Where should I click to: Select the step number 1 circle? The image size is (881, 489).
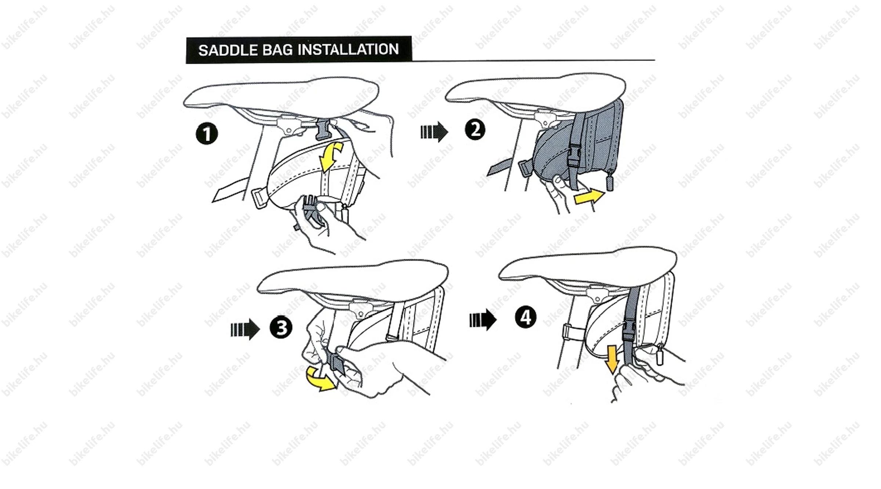click(x=207, y=134)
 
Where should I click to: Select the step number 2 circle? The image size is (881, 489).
click(x=475, y=130)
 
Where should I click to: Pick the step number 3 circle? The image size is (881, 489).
click(x=281, y=327)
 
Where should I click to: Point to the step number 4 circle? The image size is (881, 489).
click(x=526, y=317)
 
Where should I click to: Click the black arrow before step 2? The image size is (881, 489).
click(x=434, y=132)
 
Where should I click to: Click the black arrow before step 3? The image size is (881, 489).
click(x=245, y=329)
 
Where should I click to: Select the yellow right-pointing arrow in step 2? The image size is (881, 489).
click(x=589, y=197)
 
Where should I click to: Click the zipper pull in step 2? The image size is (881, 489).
click(x=609, y=182)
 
